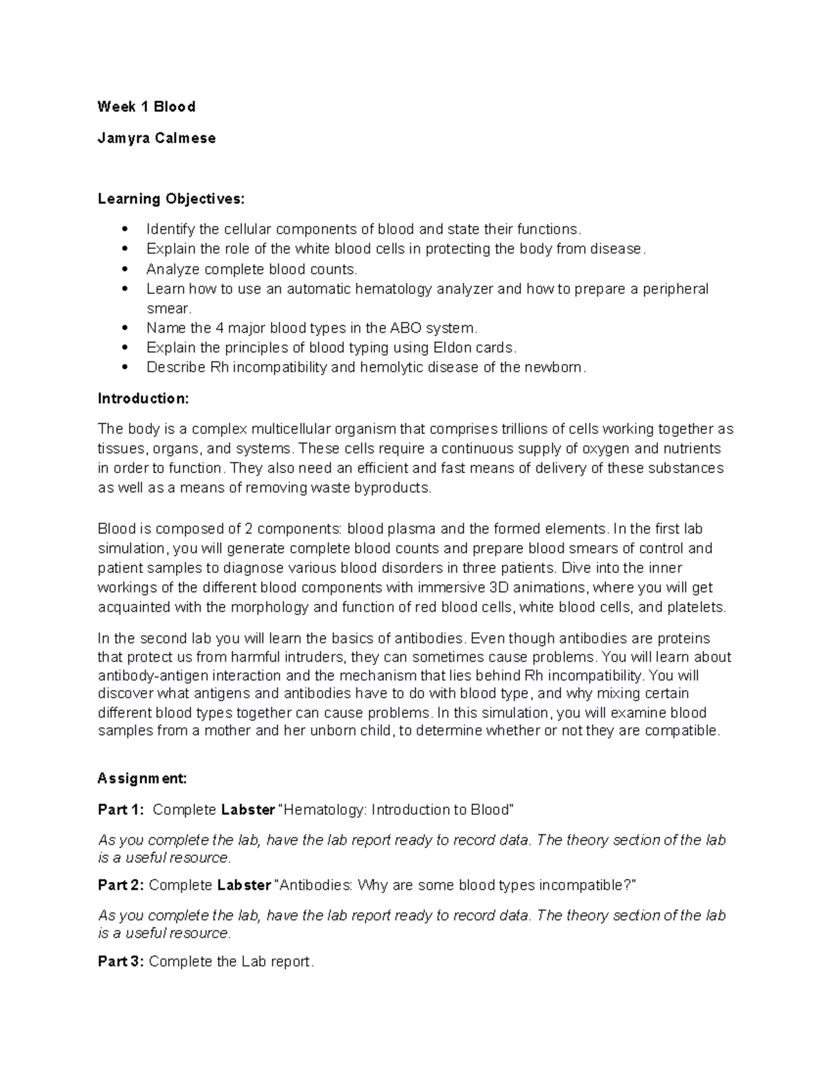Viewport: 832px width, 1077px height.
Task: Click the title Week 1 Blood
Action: (x=146, y=107)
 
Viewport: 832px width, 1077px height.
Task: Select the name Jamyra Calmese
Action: (x=157, y=138)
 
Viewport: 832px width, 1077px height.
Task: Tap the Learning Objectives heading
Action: (x=171, y=199)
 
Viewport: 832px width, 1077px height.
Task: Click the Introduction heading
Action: (x=143, y=399)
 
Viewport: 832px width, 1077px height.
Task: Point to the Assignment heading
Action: (x=142, y=778)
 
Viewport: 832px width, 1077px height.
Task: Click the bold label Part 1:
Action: (x=121, y=809)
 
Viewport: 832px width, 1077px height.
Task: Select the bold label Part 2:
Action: (x=121, y=885)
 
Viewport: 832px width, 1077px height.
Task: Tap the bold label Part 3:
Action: (x=121, y=961)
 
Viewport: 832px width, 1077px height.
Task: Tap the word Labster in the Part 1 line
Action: (x=246, y=809)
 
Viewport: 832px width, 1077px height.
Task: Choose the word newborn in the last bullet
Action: (x=557, y=368)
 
